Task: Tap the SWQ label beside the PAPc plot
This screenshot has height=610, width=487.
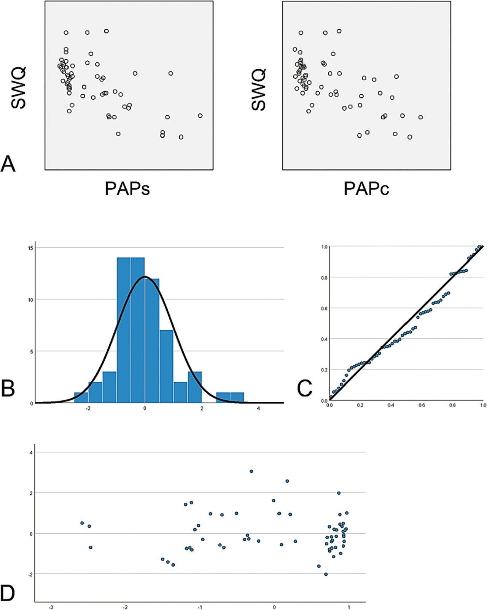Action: pos(259,90)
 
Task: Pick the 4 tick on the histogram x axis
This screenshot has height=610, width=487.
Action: pos(258,409)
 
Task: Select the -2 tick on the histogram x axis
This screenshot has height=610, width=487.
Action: pos(88,409)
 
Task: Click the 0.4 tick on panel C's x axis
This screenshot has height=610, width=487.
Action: pos(391,406)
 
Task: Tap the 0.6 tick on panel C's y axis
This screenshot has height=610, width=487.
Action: pos(324,308)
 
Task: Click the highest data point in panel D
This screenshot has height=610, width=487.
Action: pos(251,471)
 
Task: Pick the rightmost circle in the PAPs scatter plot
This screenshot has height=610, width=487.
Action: pos(200,116)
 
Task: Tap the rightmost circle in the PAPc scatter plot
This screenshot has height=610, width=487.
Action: pos(420,117)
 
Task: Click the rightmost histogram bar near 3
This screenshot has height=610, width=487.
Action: pos(237,398)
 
